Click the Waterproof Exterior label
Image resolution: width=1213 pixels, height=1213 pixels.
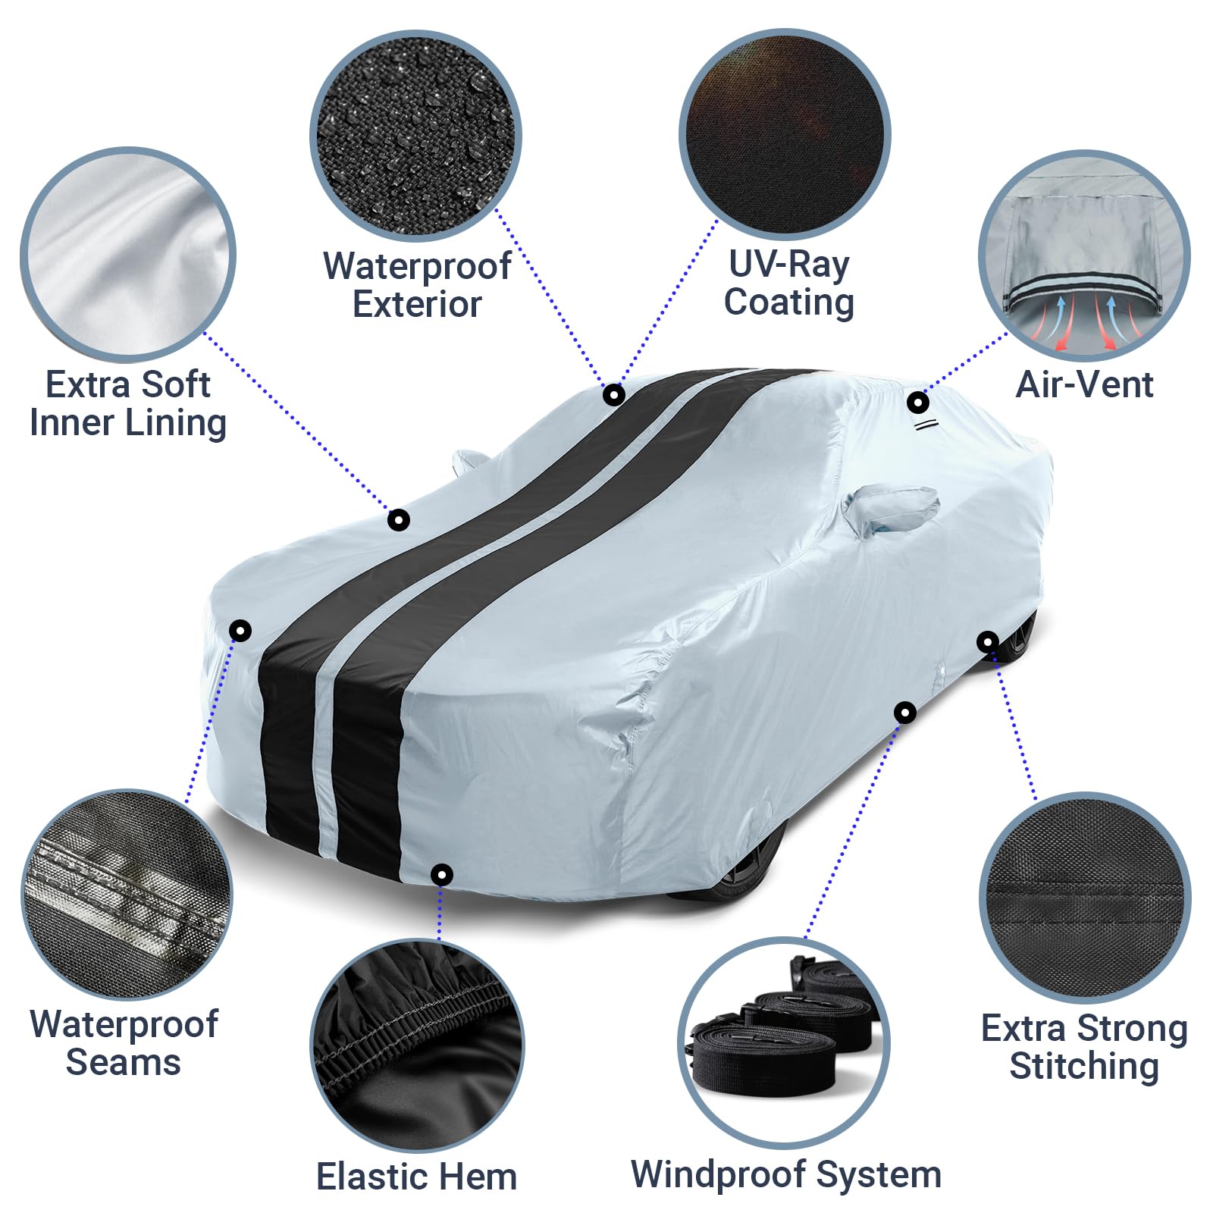point(417,285)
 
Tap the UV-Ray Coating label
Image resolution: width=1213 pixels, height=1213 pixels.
point(788,283)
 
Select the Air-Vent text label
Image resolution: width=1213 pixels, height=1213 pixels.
point(1084,384)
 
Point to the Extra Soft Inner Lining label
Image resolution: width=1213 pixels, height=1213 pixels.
point(128,403)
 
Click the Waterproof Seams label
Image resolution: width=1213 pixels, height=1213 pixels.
point(124,1043)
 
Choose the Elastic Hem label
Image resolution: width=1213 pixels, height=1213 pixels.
point(416,1177)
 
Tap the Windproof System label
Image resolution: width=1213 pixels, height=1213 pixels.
point(786,1174)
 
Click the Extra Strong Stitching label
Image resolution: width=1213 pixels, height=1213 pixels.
point(1084,1047)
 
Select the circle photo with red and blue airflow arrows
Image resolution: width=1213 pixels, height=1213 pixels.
point(1084,255)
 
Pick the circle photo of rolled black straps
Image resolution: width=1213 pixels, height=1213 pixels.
point(784,1042)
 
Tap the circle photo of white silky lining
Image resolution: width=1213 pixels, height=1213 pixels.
point(128,254)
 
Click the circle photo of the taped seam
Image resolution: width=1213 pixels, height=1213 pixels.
point(127,895)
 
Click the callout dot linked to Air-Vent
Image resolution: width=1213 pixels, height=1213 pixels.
point(917,402)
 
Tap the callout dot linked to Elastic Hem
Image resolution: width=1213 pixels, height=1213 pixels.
point(441,875)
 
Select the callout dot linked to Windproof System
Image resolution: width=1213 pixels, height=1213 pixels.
point(904,713)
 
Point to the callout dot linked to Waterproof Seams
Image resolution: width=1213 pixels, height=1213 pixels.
point(240,630)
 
